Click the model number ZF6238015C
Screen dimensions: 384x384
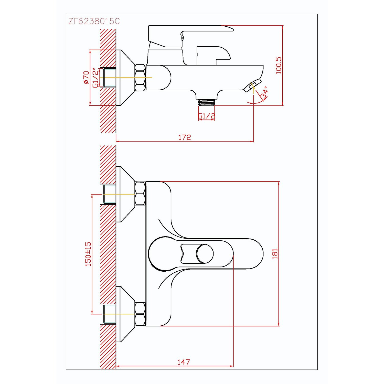[x=94, y=21]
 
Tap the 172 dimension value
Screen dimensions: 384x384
[x=185, y=137]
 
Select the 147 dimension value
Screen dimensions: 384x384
[x=184, y=362]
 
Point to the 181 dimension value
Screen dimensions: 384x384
[x=275, y=254]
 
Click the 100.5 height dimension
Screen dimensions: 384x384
[x=279, y=66]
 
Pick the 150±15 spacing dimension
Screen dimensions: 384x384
[x=88, y=254]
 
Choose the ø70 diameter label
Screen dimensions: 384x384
[x=86, y=78]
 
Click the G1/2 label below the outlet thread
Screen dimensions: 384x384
[x=207, y=116]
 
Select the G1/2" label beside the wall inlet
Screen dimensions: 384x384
[x=95, y=78]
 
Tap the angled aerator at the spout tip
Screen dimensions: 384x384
[x=253, y=85]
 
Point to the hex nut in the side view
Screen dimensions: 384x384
[x=140, y=78]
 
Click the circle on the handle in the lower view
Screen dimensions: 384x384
[x=205, y=254]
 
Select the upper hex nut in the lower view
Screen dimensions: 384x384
[x=140, y=194]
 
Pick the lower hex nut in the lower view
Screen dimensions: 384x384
[x=140, y=314]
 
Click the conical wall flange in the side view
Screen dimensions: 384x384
[x=125, y=78]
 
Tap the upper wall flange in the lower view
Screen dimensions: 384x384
[x=125, y=194]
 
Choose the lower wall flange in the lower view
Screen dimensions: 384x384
[x=125, y=314]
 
